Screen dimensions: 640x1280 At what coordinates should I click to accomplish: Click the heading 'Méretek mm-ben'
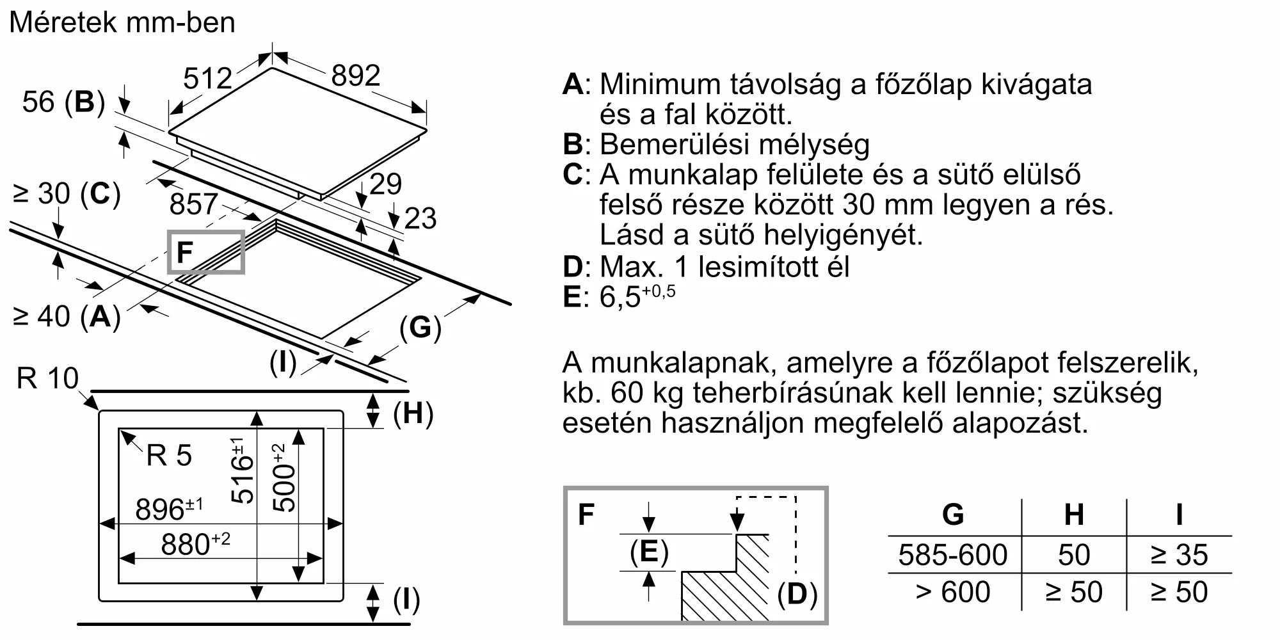122,23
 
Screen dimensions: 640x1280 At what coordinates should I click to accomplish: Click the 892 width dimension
356,76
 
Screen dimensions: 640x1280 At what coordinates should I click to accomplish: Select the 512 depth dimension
207,79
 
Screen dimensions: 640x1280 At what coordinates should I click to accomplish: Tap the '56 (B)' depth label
63,102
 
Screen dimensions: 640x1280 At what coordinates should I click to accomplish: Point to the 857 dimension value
193,204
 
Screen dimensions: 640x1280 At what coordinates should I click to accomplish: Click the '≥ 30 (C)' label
67,193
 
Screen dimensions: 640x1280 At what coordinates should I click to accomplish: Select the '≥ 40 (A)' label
67,316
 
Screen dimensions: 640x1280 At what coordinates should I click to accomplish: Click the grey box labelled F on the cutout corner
205,252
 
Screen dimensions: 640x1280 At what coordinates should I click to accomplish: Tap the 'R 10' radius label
47,378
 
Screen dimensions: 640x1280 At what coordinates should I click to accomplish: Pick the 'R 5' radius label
169,456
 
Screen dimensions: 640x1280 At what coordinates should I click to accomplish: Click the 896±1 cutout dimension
168,509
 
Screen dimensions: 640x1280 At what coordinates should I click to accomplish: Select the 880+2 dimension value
195,544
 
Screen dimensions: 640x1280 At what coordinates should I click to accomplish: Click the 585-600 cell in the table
952,554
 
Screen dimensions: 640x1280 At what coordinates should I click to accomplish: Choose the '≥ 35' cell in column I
1179,554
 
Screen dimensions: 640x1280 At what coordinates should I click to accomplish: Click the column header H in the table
1073,514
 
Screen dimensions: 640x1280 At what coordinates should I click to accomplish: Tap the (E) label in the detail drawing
649,551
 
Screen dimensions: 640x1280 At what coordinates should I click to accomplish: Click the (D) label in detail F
797,594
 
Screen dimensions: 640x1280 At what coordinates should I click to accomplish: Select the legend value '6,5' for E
620,297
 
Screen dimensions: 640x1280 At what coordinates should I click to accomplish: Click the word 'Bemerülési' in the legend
668,145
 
